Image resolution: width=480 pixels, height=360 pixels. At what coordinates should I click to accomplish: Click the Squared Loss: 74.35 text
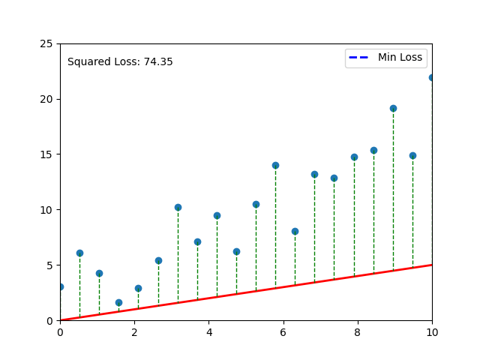120,62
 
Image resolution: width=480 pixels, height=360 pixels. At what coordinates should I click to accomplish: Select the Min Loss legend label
400,57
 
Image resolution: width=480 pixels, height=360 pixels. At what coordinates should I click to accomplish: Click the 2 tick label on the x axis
134,331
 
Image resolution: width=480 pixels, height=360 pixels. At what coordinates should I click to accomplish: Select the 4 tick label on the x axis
208,331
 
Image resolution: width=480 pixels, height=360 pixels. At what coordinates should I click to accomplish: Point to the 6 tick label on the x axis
283,331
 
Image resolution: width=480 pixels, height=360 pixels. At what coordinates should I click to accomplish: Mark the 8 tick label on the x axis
358,331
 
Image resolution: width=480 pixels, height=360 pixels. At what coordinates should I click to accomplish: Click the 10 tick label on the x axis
432,331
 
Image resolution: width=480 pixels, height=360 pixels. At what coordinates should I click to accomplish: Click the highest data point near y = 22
432,77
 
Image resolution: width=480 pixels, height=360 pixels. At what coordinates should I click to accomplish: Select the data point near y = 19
393,108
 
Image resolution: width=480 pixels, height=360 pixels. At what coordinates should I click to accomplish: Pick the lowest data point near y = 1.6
118,302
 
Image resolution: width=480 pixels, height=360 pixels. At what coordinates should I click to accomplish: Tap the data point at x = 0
60,286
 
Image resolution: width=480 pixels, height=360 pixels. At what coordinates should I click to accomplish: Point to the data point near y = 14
275,165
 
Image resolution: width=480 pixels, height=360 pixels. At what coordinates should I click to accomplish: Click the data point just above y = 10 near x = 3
178,207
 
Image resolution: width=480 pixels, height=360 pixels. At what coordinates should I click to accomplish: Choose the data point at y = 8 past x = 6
295,231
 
